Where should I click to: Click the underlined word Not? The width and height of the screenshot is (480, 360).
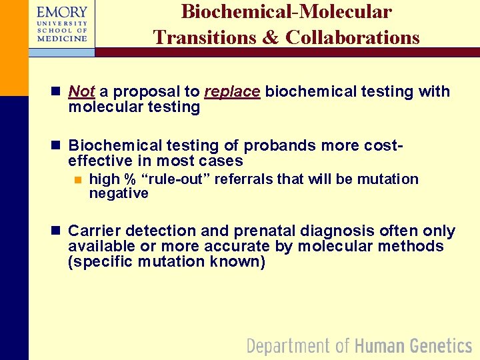[81, 91]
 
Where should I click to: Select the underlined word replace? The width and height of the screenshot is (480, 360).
[232, 91]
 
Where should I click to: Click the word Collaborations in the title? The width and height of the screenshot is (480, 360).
[353, 37]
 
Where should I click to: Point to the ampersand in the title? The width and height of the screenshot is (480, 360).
[271, 37]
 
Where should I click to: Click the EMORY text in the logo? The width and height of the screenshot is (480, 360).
[62, 12]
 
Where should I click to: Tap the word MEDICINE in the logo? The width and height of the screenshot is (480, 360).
[62, 39]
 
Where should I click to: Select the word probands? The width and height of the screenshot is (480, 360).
[276, 145]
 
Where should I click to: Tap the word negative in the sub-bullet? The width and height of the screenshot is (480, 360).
[119, 193]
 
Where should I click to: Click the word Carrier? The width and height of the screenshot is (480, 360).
[95, 231]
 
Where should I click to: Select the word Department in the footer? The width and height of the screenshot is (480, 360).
[289, 346]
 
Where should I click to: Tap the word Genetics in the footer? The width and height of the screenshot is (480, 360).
[441, 346]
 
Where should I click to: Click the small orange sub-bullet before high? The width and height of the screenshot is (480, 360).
[77, 179]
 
